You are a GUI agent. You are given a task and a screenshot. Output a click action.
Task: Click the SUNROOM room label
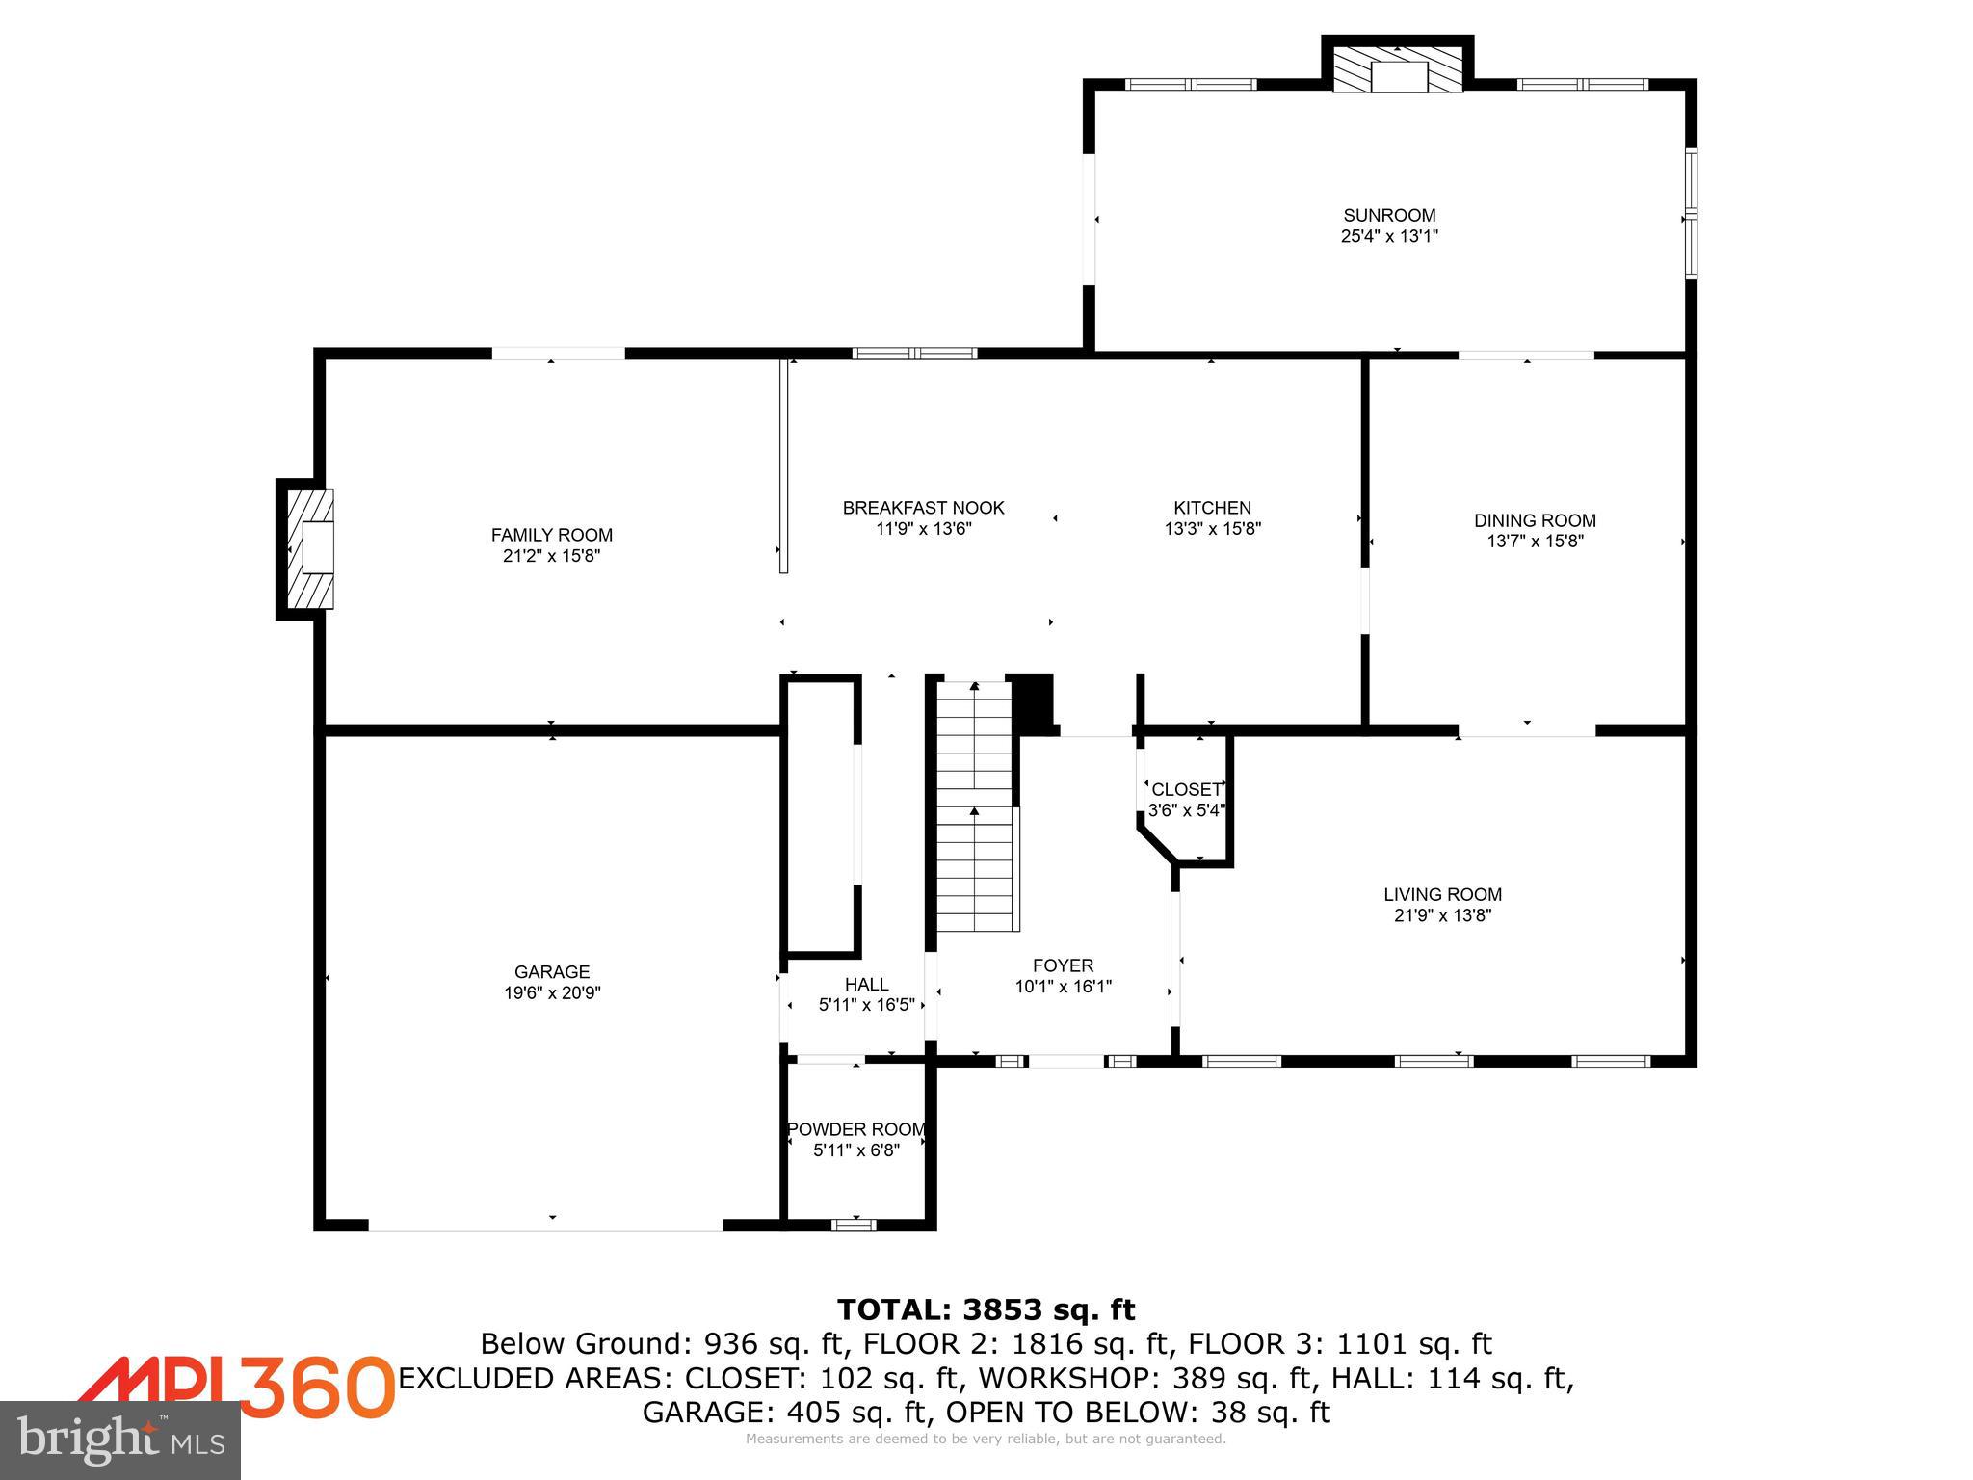pos(1389,215)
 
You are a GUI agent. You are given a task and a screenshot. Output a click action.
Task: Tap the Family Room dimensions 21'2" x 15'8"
pos(551,556)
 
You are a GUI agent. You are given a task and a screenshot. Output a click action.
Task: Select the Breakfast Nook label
pos(923,508)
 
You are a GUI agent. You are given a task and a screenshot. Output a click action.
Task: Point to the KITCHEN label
pos(1212,508)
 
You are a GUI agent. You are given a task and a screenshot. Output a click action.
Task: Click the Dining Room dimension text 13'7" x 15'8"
pos(1535,542)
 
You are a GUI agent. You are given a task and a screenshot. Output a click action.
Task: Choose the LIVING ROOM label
pos(1442,894)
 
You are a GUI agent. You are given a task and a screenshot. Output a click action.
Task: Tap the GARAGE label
pos(551,972)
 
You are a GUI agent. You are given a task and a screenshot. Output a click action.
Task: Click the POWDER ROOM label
pos(856,1129)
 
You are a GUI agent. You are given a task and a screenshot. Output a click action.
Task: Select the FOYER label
pos(1063,965)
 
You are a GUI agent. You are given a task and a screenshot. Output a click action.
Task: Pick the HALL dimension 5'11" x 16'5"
pos(866,1005)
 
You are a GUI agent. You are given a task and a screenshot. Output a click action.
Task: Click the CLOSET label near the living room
pos(1185,790)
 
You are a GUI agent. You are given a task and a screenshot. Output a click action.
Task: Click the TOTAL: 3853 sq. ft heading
pos(986,1309)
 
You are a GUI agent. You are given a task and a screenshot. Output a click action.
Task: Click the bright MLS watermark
pos(120,1440)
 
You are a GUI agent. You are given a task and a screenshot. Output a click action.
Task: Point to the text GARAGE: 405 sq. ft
pos(784,1412)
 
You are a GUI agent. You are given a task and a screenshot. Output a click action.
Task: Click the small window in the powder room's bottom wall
pos(854,1225)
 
